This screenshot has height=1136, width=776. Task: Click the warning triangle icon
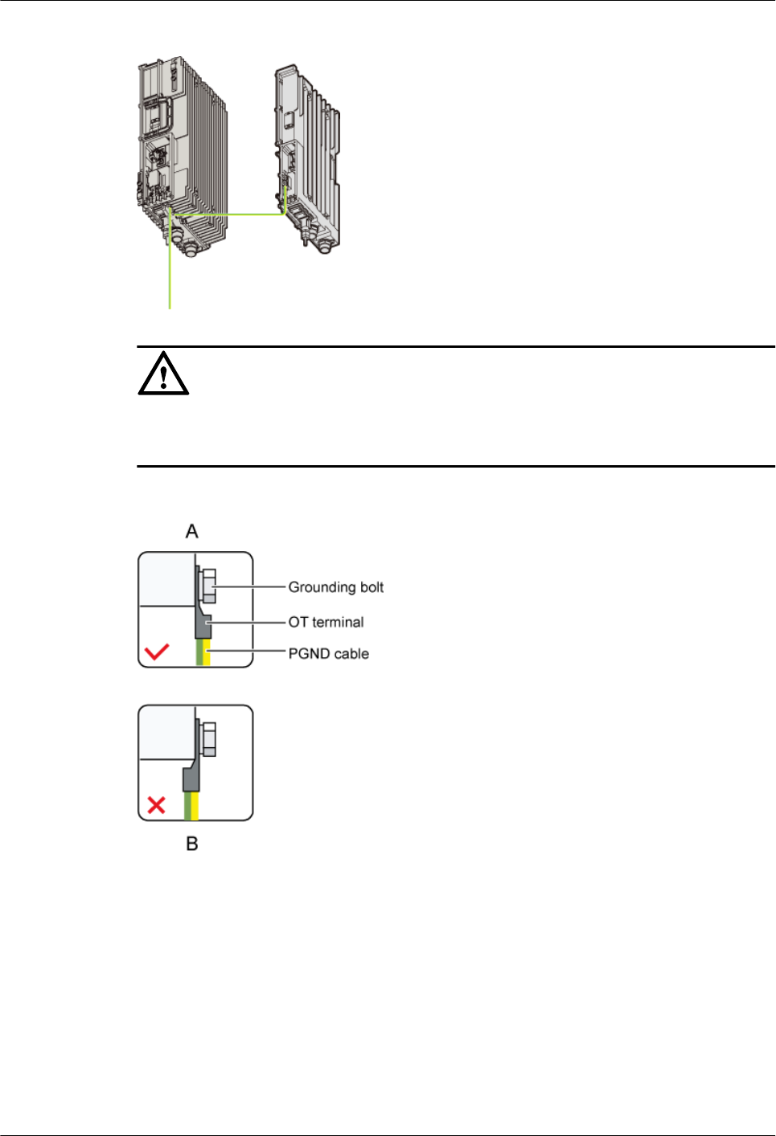click(x=163, y=374)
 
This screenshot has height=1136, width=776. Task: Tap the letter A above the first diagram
click(x=191, y=531)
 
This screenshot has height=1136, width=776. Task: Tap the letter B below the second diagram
click(x=192, y=844)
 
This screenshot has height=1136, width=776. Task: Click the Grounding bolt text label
click(x=335, y=587)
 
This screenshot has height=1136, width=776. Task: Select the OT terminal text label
click(x=326, y=622)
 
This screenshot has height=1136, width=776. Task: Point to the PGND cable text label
click(x=328, y=654)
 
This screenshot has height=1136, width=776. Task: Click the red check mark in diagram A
click(x=157, y=651)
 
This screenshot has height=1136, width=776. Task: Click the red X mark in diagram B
click(x=157, y=804)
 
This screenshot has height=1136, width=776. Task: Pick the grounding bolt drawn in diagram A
click(x=208, y=586)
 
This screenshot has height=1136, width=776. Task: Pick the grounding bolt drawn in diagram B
click(x=208, y=739)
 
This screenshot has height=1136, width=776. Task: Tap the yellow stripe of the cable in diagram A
click(x=207, y=652)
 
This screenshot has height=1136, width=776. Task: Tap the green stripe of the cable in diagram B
click(x=188, y=806)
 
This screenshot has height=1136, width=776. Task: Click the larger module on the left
click(x=181, y=153)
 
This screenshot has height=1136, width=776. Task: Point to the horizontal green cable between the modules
click(x=229, y=215)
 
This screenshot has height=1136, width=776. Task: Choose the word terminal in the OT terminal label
click(x=338, y=622)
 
